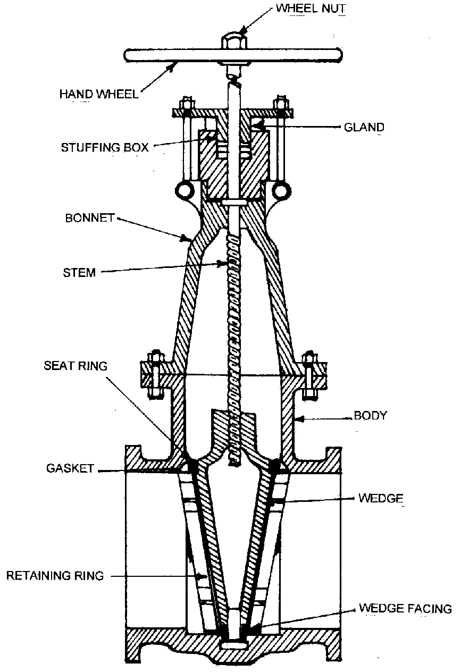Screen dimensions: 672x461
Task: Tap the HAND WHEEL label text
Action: tap(99, 95)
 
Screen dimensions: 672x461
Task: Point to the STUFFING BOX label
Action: tap(105, 147)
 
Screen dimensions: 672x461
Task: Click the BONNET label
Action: tap(89, 219)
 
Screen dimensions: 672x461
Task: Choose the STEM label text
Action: tap(79, 273)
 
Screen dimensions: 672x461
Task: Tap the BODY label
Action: tap(371, 416)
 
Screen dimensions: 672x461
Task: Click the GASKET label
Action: tap(69, 469)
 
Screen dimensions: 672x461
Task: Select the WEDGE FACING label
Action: tap(405, 608)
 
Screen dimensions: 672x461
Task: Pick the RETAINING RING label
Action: tap(55, 575)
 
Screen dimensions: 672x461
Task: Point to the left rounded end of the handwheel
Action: tap(130, 55)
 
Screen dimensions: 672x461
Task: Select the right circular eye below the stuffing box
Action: tap(280, 190)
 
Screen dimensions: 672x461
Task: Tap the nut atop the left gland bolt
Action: tap(186, 103)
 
